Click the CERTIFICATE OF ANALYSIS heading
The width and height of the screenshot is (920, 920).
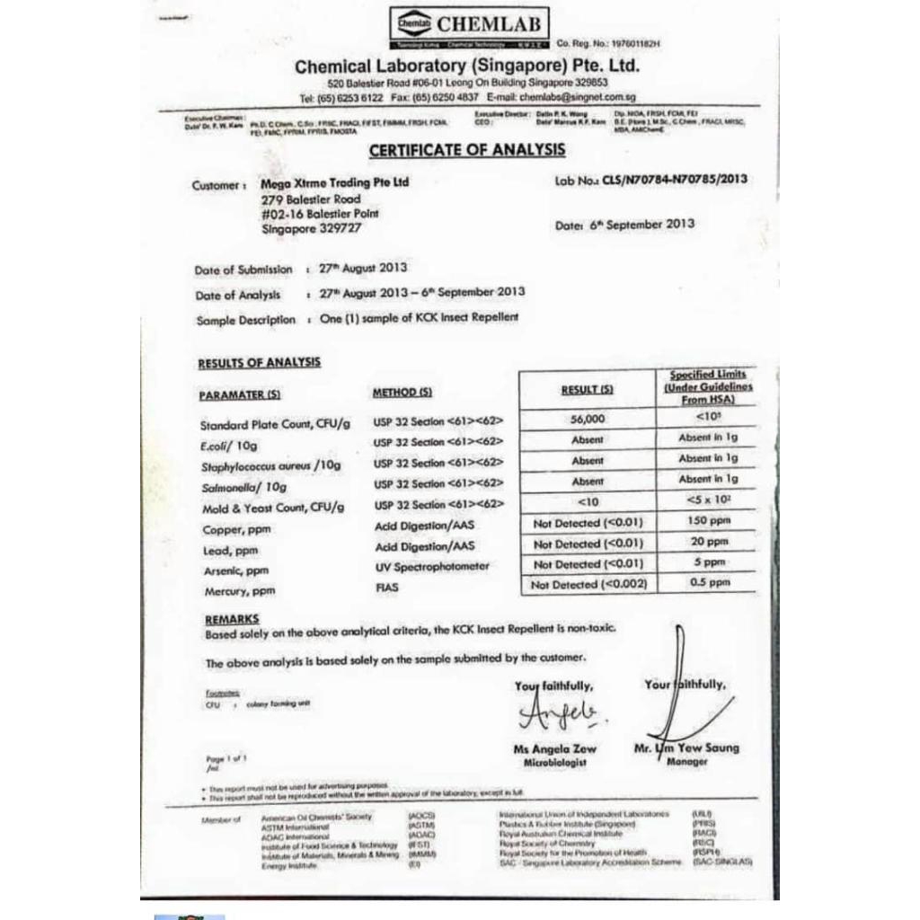click(x=467, y=150)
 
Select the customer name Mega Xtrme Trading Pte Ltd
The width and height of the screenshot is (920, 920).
click(x=334, y=182)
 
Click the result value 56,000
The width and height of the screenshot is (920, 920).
click(x=588, y=419)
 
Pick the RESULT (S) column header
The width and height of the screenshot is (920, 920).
click(x=587, y=390)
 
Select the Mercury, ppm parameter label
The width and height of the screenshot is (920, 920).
click(x=240, y=592)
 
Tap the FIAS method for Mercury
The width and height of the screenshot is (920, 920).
click(x=387, y=588)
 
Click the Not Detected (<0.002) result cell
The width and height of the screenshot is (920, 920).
click(x=588, y=585)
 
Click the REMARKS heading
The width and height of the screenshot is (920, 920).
click(x=232, y=619)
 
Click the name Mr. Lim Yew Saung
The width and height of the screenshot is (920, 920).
click(x=686, y=747)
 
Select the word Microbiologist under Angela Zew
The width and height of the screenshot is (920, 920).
click(x=554, y=763)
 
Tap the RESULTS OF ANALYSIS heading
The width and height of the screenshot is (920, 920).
click(x=259, y=363)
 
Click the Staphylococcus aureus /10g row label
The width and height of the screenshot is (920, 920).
click(x=270, y=465)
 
